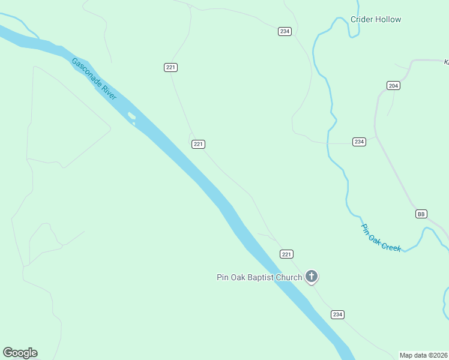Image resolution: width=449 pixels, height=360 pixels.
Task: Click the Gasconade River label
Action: (94, 79)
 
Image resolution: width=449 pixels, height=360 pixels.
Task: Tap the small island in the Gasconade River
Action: (131, 116)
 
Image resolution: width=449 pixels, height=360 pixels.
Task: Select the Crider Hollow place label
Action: (376, 19)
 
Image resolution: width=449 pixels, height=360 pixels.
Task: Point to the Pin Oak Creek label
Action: (381, 238)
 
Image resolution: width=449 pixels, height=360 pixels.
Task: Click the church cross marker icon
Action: (311, 277)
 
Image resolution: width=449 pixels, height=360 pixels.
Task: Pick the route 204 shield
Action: (393, 86)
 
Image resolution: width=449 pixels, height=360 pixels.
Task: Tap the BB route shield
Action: (421, 214)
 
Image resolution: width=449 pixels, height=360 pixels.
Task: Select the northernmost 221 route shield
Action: (170, 67)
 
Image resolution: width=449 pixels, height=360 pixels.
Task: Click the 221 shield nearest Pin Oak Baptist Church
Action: (286, 254)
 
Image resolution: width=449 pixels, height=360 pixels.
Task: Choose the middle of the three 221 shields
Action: (199, 144)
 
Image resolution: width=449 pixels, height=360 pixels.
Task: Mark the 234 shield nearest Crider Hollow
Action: (285, 31)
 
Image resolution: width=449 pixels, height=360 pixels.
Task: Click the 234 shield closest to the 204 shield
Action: (359, 142)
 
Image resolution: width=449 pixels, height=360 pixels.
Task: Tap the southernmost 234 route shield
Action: (337, 314)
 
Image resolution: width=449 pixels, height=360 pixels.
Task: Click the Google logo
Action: (20, 353)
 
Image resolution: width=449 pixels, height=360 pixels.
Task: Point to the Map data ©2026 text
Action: (424, 355)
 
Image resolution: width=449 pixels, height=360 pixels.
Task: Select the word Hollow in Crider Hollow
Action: (388, 19)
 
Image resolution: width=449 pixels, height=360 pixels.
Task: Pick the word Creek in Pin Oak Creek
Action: (390, 244)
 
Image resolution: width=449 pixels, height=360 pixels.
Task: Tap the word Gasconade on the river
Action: (86, 71)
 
